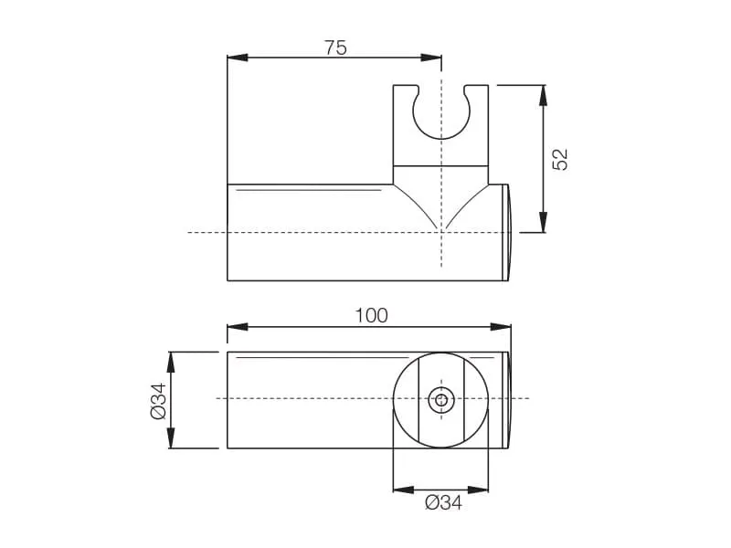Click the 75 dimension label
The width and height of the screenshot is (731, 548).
tap(335, 47)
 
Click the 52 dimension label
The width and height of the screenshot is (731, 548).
tap(560, 159)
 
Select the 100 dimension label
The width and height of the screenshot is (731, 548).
tap(371, 315)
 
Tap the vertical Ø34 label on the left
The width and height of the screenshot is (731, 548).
tap(158, 401)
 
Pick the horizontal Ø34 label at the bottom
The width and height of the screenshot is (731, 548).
tap(443, 503)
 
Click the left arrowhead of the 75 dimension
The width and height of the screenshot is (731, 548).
tap(237, 58)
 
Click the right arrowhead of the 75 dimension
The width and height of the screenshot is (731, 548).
tap(431, 58)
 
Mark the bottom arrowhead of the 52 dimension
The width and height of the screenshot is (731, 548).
tap(543, 222)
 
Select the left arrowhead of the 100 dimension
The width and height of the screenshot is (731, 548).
tap(237, 327)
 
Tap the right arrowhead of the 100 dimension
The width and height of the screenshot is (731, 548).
tap(501, 327)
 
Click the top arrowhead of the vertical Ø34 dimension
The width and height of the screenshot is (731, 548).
tap(171, 362)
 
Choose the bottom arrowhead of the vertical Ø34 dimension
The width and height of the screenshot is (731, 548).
tap(171, 438)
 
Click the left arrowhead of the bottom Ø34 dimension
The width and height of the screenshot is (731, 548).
tap(403, 490)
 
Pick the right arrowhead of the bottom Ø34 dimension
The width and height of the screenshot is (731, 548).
tap(478, 490)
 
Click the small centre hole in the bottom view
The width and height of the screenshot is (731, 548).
tap(441, 400)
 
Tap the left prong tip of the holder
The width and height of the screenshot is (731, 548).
tap(406, 86)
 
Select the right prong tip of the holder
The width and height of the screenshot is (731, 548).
tap(476, 86)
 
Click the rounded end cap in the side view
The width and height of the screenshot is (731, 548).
tap(508, 233)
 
